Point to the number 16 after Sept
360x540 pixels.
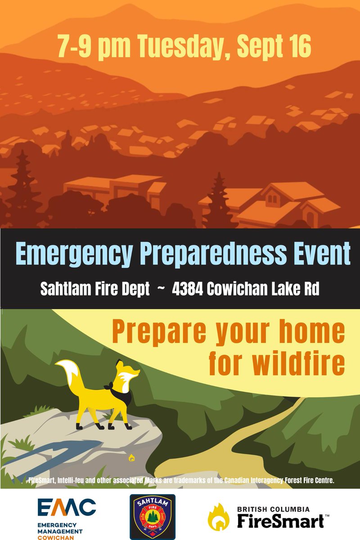(x=299, y=47)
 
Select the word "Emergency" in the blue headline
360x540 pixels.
(x=74, y=255)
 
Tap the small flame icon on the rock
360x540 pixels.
(x=131, y=458)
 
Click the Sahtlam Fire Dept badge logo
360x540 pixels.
(x=153, y=516)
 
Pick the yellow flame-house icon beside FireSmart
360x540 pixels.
(x=218, y=516)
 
